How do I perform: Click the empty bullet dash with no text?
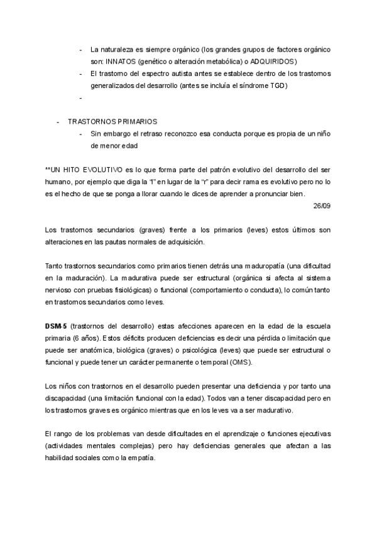(x=81, y=98)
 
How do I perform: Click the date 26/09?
(x=322, y=206)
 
